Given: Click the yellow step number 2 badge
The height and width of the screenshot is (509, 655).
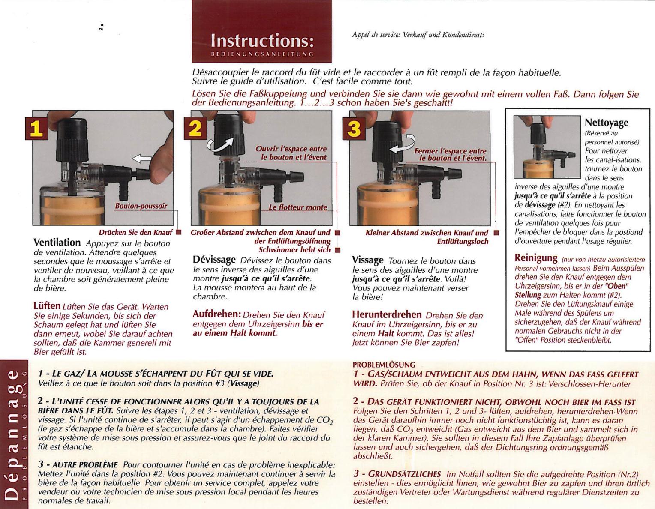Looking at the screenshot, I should (195, 128).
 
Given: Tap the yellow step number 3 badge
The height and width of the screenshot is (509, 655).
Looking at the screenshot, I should (354, 128).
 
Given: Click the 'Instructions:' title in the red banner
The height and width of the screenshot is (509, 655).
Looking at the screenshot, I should (262, 41).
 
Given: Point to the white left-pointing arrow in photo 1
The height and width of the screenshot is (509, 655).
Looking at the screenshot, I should (142, 159).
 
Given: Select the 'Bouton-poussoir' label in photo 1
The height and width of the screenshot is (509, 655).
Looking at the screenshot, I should (141, 206).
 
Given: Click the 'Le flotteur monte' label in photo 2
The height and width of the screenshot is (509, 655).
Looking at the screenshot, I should (297, 207).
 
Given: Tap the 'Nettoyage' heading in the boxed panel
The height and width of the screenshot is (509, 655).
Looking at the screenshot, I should (606, 123).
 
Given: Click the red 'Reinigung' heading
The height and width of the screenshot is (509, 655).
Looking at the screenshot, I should (536, 258).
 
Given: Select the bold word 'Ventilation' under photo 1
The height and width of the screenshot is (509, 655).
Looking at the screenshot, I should (57, 243).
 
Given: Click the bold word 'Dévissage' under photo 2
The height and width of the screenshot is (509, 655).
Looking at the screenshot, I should (214, 260).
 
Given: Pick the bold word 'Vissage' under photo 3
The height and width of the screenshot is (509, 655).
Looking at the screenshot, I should (367, 260).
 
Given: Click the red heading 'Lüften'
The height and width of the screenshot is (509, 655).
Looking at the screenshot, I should (47, 306).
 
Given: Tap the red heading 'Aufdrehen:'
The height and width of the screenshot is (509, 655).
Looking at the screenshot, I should (216, 314).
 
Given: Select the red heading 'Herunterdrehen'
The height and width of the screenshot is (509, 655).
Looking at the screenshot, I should (387, 315).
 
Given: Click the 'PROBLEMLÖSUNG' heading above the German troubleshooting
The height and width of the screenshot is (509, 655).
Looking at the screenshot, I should (384, 365).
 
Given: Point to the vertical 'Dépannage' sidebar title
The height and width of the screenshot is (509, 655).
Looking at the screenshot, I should (12, 433).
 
